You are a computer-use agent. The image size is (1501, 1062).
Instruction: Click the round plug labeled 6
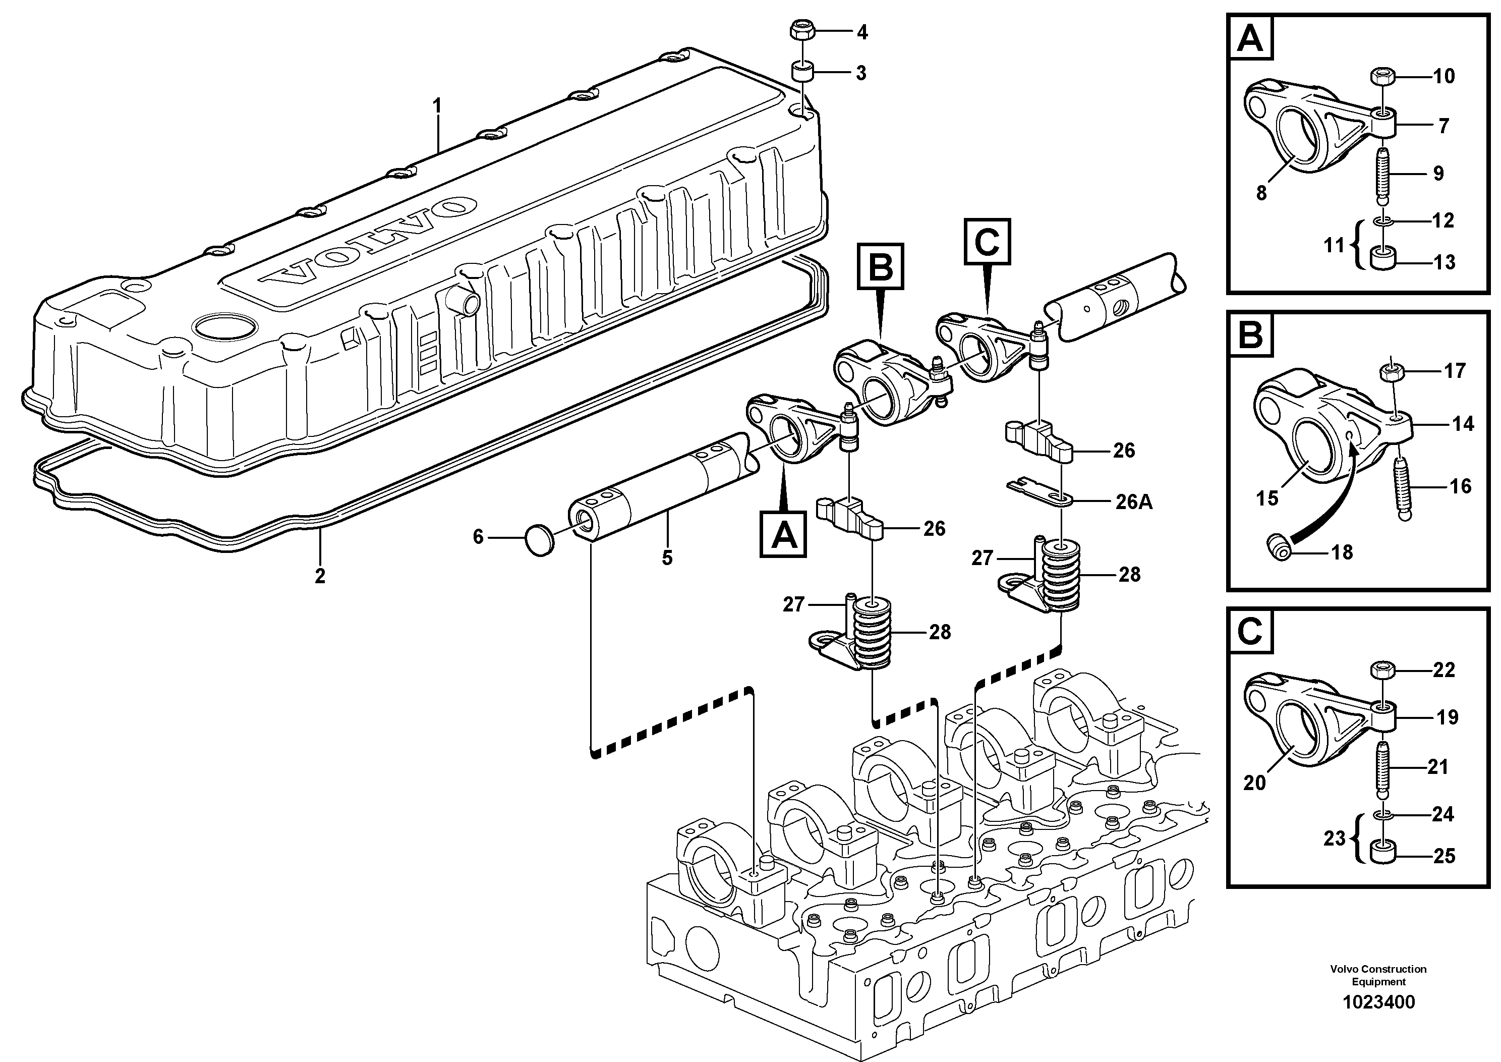click(539, 541)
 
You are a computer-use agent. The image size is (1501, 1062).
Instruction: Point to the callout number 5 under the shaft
click(667, 558)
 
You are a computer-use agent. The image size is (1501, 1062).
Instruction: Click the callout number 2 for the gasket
click(320, 576)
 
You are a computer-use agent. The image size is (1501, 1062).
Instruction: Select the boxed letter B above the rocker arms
click(880, 267)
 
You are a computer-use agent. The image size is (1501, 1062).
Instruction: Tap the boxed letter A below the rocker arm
click(783, 535)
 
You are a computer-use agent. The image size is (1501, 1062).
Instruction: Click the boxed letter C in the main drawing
click(987, 242)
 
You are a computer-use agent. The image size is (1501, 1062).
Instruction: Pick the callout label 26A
click(1134, 501)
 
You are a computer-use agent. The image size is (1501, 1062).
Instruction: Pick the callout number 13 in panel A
click(1444, 262)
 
